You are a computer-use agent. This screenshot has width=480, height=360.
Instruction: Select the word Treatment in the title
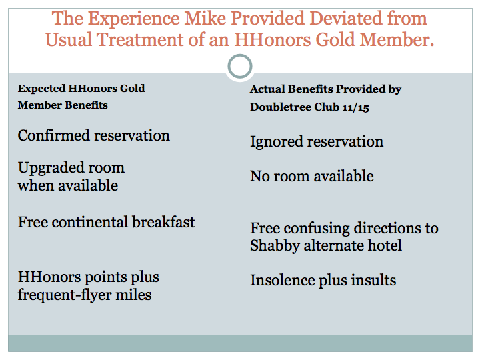point(140,40)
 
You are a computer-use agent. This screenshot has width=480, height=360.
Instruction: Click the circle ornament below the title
point(240,67)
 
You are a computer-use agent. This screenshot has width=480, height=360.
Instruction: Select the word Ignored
point(277,142)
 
